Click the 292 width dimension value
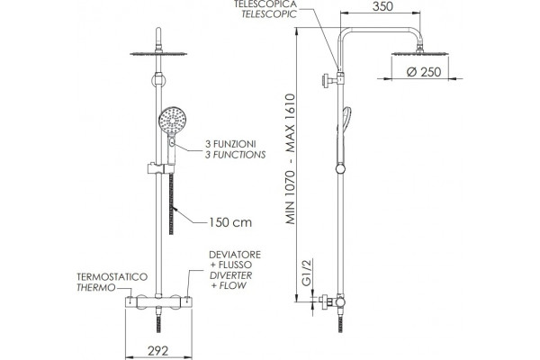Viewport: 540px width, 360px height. tap(158, 351)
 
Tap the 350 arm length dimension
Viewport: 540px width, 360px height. tap(382, 6)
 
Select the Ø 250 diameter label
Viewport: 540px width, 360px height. tap(424, 72)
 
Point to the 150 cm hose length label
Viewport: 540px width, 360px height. tap(230, 222)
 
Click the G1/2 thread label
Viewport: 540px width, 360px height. tap(307, 272)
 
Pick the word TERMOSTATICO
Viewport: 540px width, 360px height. tap(112, 277)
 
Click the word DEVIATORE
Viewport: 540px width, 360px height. tap(235, 255)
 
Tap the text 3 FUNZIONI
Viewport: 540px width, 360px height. tap(230, 144)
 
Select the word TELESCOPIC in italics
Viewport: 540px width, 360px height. tap(269, 14)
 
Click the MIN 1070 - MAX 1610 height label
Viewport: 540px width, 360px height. tap(291, 158)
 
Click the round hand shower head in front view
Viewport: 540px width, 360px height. tap(172, 121)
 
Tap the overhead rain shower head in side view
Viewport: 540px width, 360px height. tap(420, 52)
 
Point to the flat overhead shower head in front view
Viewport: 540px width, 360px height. tap(158, 53)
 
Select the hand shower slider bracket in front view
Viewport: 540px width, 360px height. tap(161, 168)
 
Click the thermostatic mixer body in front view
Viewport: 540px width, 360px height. tap(158, 301)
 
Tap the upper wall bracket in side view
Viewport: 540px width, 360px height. tap(330, 81)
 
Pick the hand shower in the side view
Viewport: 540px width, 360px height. tap(345, 135)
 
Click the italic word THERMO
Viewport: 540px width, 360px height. tap(96, 288)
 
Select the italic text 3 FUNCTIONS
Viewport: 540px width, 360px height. tap(235, 155)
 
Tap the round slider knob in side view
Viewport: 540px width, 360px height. tap(340, 169)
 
